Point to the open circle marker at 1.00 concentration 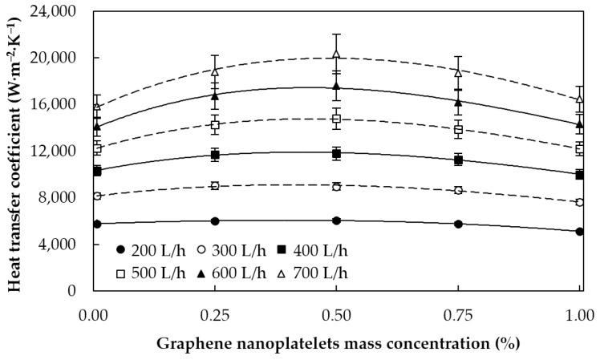click(x=579, y=202)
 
